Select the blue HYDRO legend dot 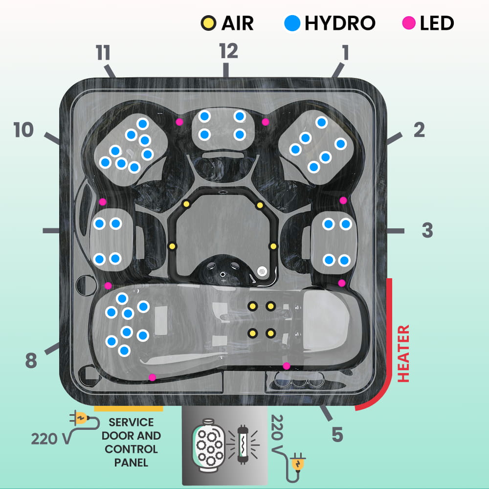pyautogui.click(x=292, y=22)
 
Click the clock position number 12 pyautogui.click(x=228, y=51)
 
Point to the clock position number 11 pyautogui.click(x=103, y=53)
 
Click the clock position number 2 pyautogui.click(x=419, y=130)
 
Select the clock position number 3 pyautogui.click(x=427, y=231)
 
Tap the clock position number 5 pyautogui.click(x=337, y=434)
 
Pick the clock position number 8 pyautogui.click(x=31, y=361)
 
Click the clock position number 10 pyautogui.click(x=23, y=131)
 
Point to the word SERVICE pyautogui.click(x=131, y=422)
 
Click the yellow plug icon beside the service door pyautogui.click(x=80, y=419)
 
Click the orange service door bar pyautogui.click(x=129, y=408)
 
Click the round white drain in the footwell pyautogui.click(x=262, y=271)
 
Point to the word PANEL pyautogui.click(x=131, y=462)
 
